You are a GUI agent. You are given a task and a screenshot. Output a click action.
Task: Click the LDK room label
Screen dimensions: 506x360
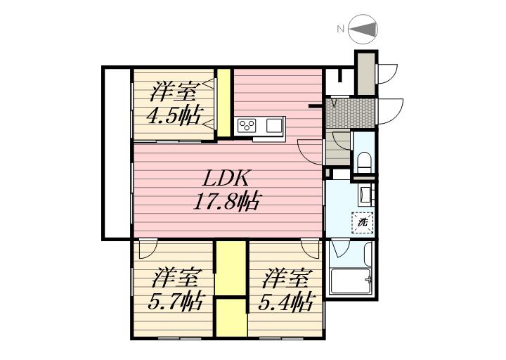[226, 178]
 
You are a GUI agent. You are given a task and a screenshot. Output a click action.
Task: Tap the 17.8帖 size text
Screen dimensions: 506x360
[226, 202]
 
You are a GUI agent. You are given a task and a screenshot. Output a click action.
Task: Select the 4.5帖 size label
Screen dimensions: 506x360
[174, 115]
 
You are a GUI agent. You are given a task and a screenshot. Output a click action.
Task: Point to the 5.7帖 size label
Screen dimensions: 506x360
[174, 302]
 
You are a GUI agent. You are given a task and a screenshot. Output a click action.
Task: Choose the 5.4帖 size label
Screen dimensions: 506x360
[285, 302]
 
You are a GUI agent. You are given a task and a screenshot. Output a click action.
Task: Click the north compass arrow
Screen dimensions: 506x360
[363, 30]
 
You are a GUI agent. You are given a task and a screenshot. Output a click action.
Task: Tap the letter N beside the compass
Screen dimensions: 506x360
[340, 29]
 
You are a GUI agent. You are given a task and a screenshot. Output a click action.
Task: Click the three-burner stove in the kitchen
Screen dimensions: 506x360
[247, 126]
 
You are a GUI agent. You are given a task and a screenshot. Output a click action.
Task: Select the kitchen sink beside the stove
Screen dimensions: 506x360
[274, 126]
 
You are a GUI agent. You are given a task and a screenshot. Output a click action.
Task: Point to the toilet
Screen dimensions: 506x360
[364, 162]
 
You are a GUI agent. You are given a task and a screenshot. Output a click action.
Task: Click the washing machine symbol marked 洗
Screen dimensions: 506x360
[363, 222]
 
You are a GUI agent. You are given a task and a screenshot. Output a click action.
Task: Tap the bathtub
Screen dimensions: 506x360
[351, 281]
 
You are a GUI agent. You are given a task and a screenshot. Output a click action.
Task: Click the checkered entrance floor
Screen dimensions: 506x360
[350, 113]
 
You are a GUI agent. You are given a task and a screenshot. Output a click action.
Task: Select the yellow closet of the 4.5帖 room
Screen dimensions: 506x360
[223, 103]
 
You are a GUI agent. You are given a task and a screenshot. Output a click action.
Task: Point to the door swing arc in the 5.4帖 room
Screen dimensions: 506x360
[311, 249]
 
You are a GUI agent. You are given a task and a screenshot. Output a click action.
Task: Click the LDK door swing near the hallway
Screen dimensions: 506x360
[309, 152]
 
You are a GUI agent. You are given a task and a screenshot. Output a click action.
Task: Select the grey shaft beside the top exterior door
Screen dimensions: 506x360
[366, 74]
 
